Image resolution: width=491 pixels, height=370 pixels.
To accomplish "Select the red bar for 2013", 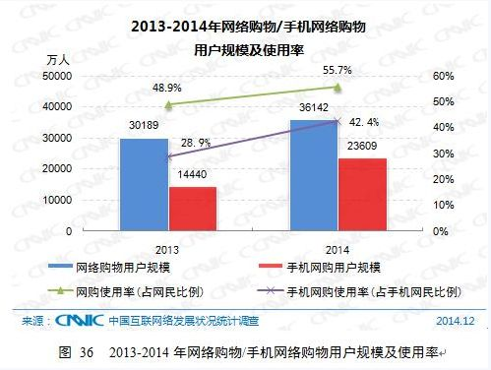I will pyautogui.click(x=192, y=209).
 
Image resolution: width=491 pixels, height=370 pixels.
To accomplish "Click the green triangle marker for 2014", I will pyautogui.click(x=337, y=88).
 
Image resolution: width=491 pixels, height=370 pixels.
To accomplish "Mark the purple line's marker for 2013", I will pyautogui.click(x=168, y=155).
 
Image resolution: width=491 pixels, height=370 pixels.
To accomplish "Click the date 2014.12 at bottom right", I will pyautogui.click(x=456, y=321).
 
